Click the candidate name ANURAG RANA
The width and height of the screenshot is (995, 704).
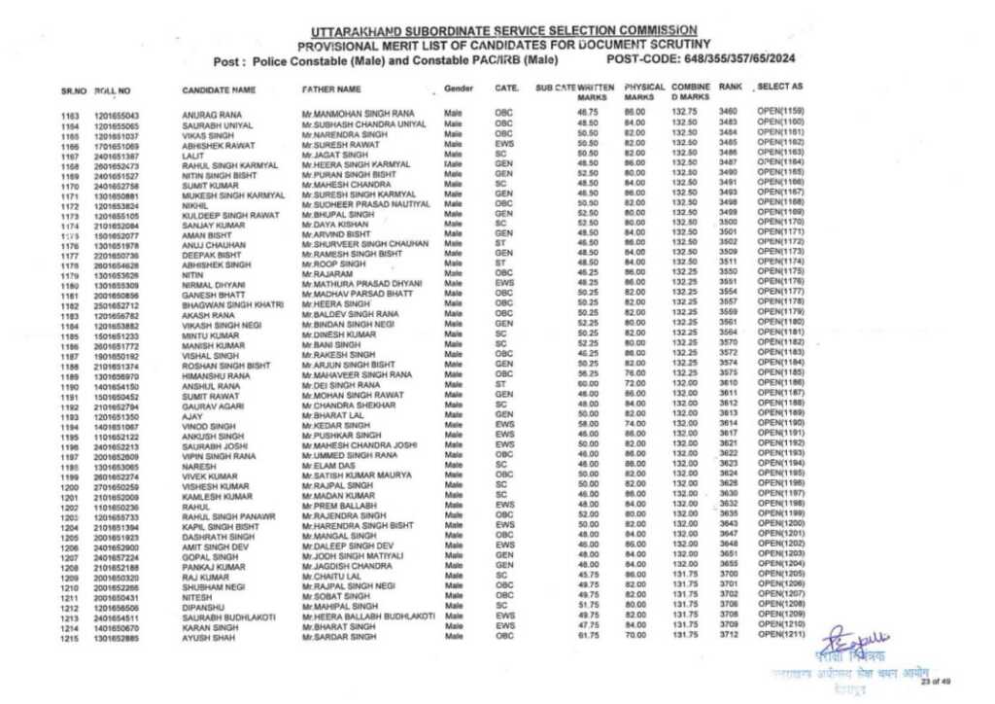[206, 115]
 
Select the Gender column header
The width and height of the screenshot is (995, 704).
[458, 88]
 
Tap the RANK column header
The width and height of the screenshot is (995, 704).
[730, 88]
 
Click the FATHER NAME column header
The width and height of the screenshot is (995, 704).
[330, 89]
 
